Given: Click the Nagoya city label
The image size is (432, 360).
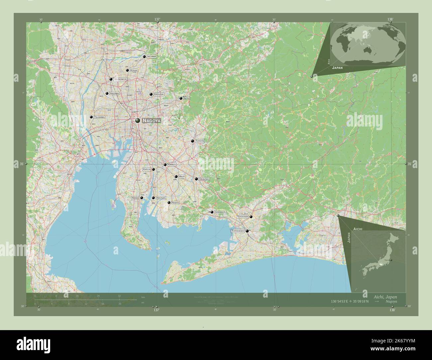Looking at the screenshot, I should (151, 121).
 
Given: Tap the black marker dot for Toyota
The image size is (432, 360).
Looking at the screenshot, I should (192, 141).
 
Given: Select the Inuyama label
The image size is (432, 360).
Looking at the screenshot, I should (152, 57).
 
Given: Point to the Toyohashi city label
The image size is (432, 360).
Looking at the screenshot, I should (238, 230).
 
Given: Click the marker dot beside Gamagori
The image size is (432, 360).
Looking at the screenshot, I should (212, 212).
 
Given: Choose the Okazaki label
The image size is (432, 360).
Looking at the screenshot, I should (204, 179).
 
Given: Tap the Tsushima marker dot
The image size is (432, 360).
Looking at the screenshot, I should (91, 117).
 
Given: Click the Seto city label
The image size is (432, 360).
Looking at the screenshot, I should (186, 98).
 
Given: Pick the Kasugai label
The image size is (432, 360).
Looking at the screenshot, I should (159, 94).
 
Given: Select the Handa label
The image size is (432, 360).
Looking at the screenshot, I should (135, 198).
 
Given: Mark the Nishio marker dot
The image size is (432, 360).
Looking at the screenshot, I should (169, 203).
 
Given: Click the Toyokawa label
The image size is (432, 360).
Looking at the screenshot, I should (243, 217).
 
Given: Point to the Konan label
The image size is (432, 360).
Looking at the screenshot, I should (134, 70).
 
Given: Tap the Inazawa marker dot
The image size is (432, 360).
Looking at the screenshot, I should (107, 94).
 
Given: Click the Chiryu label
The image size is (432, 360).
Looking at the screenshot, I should (172, 165).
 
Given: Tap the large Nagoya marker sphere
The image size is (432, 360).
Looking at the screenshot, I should (138, 121).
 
